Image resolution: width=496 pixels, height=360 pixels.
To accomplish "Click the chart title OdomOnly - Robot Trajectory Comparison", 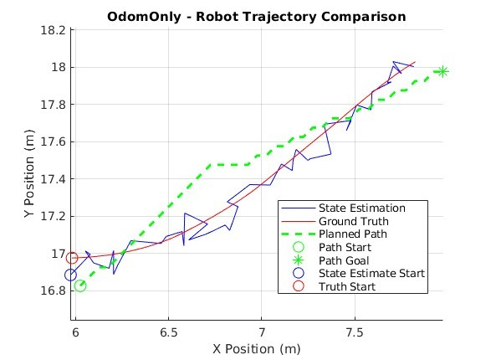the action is (257, 17).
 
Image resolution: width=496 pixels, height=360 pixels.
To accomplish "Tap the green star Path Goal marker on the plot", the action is (442, 71).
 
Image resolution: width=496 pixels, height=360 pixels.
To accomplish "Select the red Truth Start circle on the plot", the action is (72, 258).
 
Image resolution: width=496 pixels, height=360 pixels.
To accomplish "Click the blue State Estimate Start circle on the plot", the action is (70, 275).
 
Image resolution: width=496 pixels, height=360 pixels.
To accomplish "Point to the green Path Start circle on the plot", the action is (80, 285).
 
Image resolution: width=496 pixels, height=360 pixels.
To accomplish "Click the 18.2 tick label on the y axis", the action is (54, 30).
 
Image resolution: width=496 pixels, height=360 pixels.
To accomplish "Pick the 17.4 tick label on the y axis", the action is (54, 179).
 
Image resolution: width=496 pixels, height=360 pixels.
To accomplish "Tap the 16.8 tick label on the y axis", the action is (54, 291).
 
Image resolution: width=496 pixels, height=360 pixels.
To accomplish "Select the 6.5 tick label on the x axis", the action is (168, 332).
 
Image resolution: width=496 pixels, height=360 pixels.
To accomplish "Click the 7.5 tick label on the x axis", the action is (355, 332).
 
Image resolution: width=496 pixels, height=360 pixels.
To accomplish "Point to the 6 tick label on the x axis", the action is (75, 332).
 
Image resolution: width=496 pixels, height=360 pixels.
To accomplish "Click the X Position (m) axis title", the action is (257, 349).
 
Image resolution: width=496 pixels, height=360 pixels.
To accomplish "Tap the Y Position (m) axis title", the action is (29, 173).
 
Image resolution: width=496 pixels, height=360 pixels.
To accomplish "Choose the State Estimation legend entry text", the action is (362, 208).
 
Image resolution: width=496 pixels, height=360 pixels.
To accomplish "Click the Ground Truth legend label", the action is (354, 221).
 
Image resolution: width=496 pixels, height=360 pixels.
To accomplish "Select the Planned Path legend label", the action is (353, 234).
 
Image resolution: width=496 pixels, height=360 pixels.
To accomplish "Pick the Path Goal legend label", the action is (344, 260).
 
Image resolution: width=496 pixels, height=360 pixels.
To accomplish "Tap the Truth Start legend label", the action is (347, 286).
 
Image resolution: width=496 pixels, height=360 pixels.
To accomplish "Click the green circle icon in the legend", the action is (299, 247).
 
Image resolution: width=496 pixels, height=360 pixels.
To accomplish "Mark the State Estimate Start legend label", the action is (371, 273).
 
